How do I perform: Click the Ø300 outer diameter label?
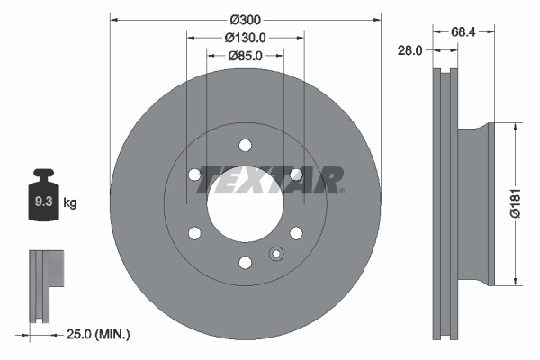(x=245, y=20)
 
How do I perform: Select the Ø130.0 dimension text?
(x=245, y=38)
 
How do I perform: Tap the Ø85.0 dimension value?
(x=245, y=56)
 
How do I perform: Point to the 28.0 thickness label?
(x=409, y=51)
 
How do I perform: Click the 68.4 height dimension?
(x=463, y=32)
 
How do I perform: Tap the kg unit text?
(x=70, y=203)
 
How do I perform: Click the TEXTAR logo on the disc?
(x=270, y=179)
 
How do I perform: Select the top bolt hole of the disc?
(x=245, y=145)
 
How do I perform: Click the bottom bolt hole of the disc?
(x=245, y=263)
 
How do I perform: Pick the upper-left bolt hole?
(x=194, y=175)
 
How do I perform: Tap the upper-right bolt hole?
(x=296, y=175)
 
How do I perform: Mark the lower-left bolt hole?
(x=194, y=233)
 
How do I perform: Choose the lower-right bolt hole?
(x=296, y=233)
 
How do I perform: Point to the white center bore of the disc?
(x=245, y=203)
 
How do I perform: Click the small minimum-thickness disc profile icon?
(x=45, y=286)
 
